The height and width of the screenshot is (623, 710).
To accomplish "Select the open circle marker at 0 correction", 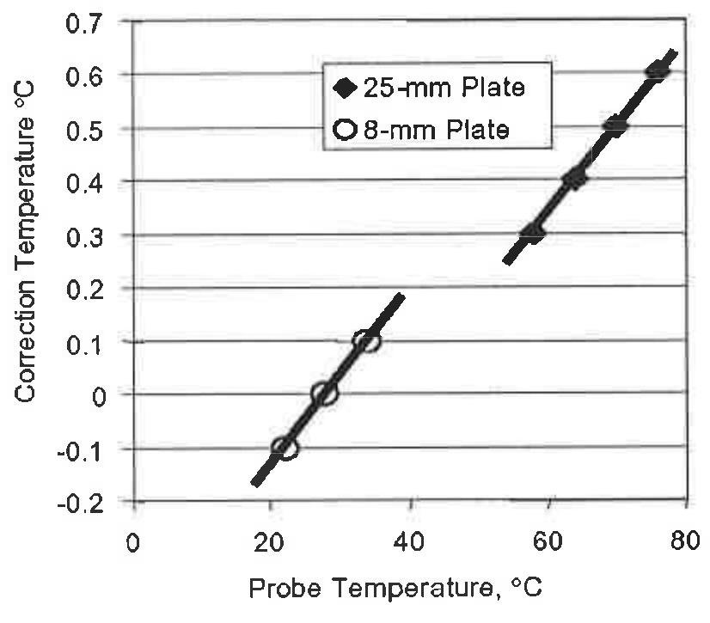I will click(324, 394).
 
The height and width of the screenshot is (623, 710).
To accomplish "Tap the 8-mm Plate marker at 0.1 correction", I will click(366, 341).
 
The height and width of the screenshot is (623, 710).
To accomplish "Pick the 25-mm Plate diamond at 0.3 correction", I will click(533, 233).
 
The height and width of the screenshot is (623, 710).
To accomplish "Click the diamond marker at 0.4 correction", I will click(574, 179).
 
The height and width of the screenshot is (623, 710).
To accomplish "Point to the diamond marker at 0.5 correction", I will click(615, 126).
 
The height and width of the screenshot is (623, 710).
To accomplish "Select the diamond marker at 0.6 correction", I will click(657, 71).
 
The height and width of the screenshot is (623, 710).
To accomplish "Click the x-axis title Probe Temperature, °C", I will click(397, 591).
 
